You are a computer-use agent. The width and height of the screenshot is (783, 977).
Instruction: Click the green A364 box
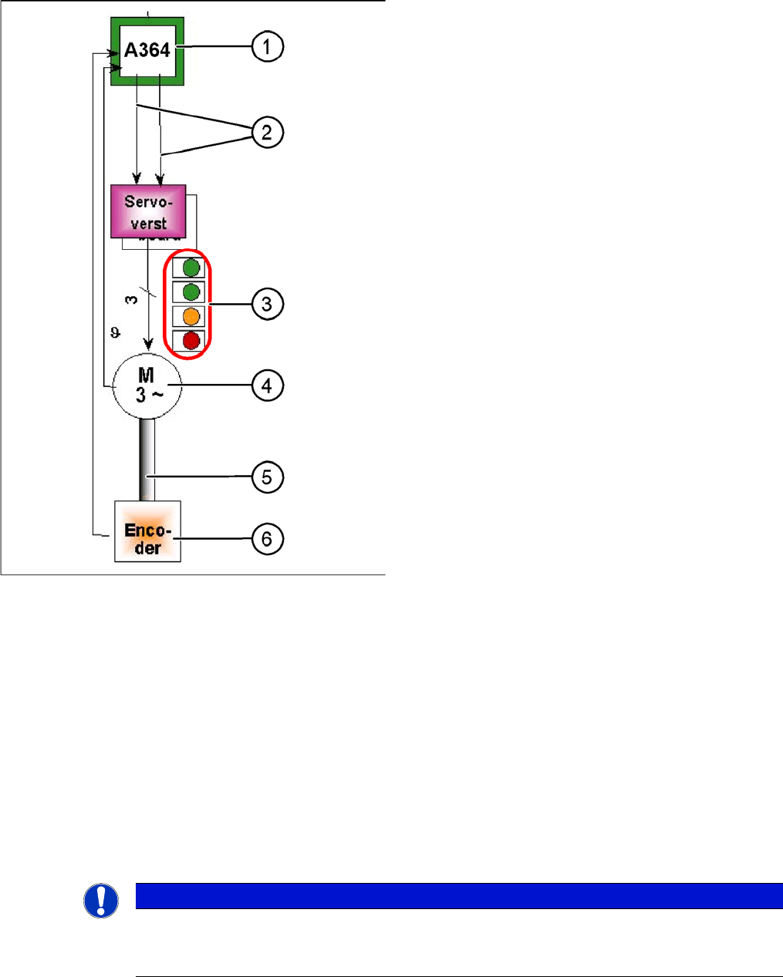(147, 51)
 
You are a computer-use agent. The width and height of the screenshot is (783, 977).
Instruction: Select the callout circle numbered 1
(267, 47)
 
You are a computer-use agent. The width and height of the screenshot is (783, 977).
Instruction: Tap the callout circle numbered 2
(267, 133)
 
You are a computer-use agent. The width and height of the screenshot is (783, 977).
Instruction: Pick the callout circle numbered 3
(267, 304)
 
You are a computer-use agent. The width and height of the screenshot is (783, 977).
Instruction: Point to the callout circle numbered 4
(267, 385)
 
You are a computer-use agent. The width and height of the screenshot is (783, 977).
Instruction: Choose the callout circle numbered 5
(267, 477)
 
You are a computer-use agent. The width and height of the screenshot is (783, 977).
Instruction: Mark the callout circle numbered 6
(267, 538)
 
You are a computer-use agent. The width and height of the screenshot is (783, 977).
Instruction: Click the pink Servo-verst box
(148, 211)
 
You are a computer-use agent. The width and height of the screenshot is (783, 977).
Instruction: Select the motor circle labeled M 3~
(147, 386)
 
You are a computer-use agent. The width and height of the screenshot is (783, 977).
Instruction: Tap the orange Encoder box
(147, 531)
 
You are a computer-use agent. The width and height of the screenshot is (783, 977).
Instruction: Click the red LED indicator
(191, 340)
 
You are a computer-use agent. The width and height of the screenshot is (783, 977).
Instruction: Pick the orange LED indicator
(191, 316)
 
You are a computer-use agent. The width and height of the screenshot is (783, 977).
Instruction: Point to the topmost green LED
(191, 268)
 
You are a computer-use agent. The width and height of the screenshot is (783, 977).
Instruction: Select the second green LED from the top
(191, 291)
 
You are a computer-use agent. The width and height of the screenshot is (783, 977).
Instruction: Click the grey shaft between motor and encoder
(147, 460)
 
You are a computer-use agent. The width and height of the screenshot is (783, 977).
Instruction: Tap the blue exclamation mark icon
(101, 900)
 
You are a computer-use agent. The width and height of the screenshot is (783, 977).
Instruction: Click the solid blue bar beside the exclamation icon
(458, 896)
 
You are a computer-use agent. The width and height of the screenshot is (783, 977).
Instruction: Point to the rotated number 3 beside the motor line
(132, 298)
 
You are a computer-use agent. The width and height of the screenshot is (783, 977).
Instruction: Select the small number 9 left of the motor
(115, 332)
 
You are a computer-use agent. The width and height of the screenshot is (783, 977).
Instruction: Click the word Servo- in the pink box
(148, 202)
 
